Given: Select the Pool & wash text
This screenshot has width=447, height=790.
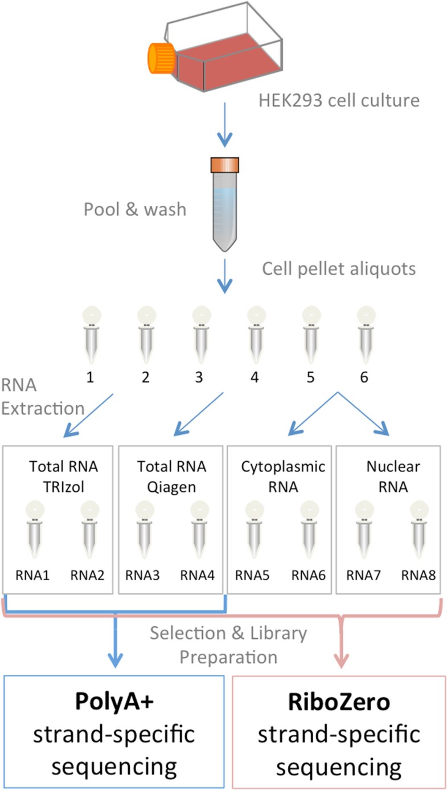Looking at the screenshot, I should [x=135, y=209].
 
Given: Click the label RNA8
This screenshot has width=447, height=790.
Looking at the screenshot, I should [x=419, y=576].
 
